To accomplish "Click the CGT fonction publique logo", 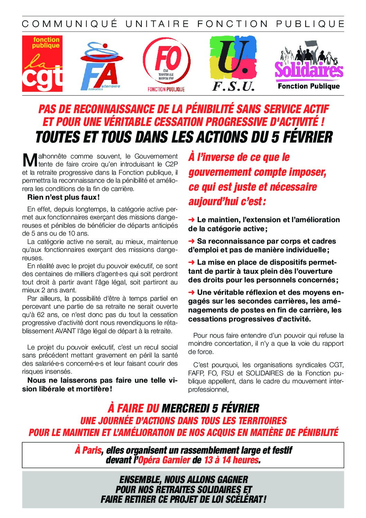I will pos(42,64).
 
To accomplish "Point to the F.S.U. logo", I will pos(233,63).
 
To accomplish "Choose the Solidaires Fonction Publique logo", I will pos(309,66).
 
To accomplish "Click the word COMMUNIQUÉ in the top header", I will pos(70,24).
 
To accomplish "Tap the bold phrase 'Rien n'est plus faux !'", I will pos(63,198).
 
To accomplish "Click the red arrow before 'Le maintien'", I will pos(191,220).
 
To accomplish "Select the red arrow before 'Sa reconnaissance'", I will pos(191,241).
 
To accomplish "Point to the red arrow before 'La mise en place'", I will pos(191,263).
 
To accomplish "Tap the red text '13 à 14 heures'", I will pos(231,460).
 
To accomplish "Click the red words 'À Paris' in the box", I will pos(88,450).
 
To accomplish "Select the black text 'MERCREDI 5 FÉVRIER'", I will pos(210,408).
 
